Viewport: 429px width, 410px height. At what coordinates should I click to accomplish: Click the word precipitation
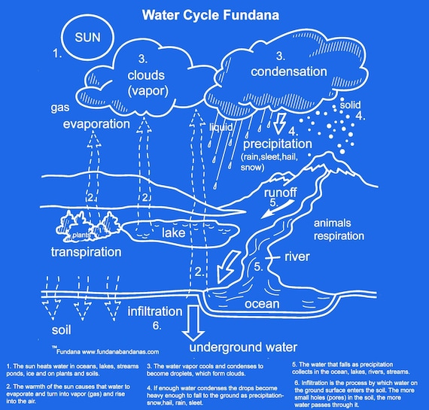pyautogui.click(x=283, y=141)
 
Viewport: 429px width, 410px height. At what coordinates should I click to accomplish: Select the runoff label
pyautogui.click(x=280, y=193)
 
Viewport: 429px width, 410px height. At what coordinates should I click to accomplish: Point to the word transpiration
pyautogui.click(x=86, y=251)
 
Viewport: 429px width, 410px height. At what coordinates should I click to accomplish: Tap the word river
pyautogui.click(x=297, y=257)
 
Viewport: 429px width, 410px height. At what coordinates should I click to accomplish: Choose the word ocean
pyautogui.click(x=261, y=305)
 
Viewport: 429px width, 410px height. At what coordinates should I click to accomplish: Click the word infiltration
pyautogui.click(x=155, y=311)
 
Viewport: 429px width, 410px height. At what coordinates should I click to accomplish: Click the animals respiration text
pyautogui.click(x=342, y=229)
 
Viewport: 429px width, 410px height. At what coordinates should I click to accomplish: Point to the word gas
pyautogui.click(x=62, y=107)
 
